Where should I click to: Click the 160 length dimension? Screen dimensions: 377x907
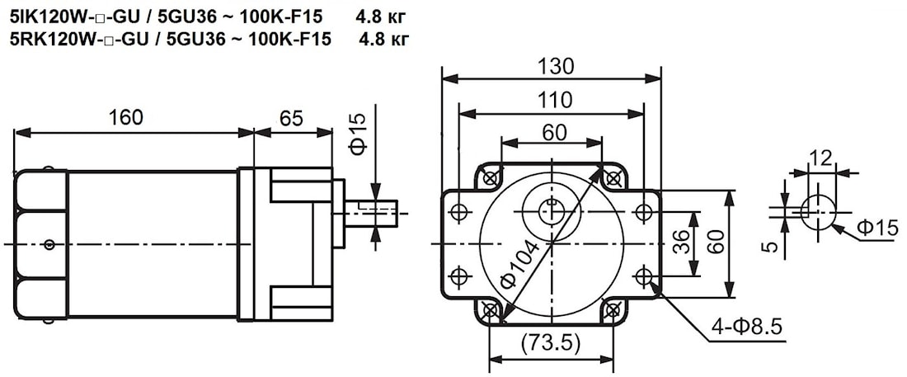pos(126,117)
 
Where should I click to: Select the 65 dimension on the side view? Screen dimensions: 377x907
pos(290,117)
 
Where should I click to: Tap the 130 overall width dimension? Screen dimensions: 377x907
pos(554,66)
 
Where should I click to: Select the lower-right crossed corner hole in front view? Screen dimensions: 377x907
pos(613,310)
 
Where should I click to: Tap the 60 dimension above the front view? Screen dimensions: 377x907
pos(554,132)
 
